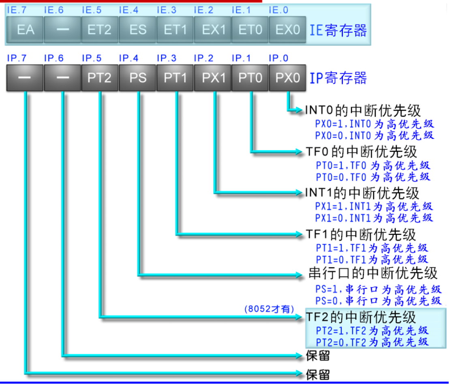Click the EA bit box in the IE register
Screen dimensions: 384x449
25,30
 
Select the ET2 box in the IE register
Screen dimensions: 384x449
99,30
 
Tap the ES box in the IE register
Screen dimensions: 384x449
138,30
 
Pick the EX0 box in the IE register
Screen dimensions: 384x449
287,30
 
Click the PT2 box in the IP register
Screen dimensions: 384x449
99,77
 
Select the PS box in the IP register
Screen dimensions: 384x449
138,77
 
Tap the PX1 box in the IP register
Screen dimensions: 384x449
212,77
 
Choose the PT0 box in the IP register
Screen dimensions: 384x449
250,77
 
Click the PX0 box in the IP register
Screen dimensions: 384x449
287,77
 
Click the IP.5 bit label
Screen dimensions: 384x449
91,58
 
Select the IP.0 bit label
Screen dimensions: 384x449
278,58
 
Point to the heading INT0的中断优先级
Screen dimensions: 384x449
363,110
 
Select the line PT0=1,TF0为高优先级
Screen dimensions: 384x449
373,165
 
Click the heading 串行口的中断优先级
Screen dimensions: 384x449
373,273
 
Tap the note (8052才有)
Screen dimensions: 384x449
269,309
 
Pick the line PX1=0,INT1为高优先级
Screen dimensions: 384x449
374,218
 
